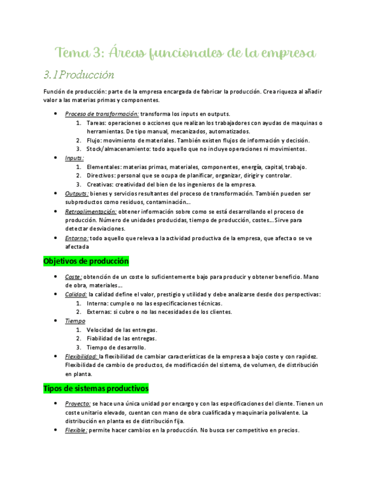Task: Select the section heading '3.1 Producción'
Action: click(x=79, y=74)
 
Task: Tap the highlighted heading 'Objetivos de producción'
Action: click(x=86, y=262)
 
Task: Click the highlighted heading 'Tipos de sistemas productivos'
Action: click(x=95, y=389)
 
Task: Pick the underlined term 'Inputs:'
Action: click(x=74, y=158)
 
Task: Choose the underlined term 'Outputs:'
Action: click(x=77, y=193)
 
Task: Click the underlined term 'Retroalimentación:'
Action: click(x=91, y=211)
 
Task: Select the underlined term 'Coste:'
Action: click(x=74, y=277)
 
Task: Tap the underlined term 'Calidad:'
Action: click(x=76, y=294)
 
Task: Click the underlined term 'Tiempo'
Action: click(x=75, y=321)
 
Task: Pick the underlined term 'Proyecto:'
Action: click(x=78, y=404)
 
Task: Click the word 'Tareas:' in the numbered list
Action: click(x=96, y=123)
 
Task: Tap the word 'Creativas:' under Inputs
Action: click(x=99, y=184)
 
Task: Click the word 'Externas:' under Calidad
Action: click(x=99, y=312)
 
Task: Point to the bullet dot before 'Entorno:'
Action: click(x=54, y=238)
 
